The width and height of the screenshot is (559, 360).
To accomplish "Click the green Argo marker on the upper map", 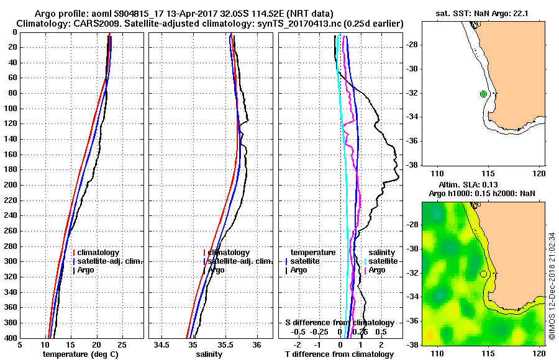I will pyautogui.click(x=483, y=94).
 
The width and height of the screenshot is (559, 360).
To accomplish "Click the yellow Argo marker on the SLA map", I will pyautogui.click(x=483, y=274).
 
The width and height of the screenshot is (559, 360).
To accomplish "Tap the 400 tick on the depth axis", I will pyautogui.click(x=12, y=338).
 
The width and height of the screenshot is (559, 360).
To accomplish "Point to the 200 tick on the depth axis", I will pyautogui.click(x=12, y=185).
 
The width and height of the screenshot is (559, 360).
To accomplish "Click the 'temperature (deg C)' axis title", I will pyautogui.click(x=81, y=354).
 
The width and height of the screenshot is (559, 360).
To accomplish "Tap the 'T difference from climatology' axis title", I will pyautogui.click(x=339, y=354).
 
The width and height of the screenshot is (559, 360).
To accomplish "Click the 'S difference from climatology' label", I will pyautogui.click(x=339, y=323).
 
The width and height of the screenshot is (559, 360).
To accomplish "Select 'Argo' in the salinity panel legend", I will pyautogui.click(x=217, y=270).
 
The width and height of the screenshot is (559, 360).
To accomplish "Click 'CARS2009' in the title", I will pyautogui.click(x=83, y=23).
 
